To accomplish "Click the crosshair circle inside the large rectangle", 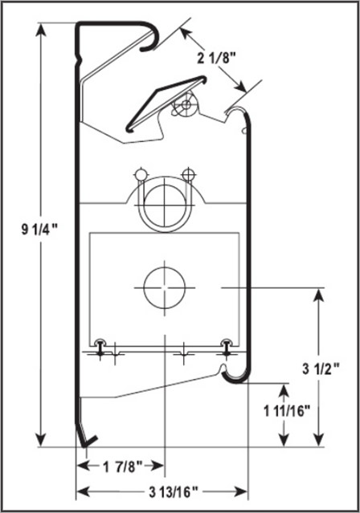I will (164, 287).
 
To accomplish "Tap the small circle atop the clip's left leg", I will (141, 174).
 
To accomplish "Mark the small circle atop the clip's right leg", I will (188, 173).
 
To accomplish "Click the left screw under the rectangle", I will (99, 348).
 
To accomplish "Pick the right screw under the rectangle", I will (227, 348).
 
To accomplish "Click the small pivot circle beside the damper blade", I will (187, 104).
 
